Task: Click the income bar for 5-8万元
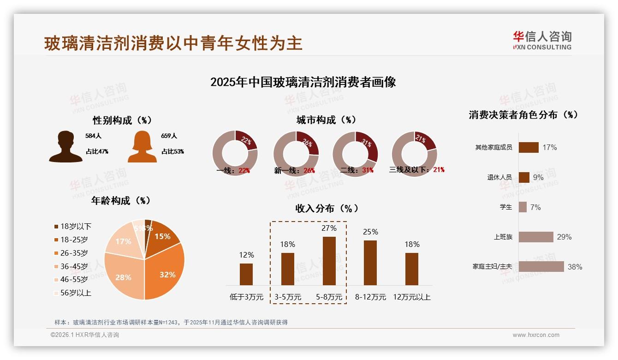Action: (x=329, y=261)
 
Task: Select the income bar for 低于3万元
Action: (x=246, y=274)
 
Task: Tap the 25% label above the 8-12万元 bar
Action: (x=370, y=232)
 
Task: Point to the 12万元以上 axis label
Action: (x=411, y=297)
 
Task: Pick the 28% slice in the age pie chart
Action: (x=122, y=277)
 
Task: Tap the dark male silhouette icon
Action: (x=65, y=147)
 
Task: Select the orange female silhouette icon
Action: (x=142, y=147)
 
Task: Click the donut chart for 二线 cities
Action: (x=355, y=153)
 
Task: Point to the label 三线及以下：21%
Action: (x=416, y=170)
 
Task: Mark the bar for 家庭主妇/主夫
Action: (x=541, y=267)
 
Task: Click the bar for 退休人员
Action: (x=524, y=177)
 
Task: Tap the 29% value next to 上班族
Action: (x=564, y=237)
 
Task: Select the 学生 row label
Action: (x=505, y=207)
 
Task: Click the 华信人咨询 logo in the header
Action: (x=542, y=40)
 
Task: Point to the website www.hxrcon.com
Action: (x=536, y=335)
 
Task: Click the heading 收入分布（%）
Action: (x=327, y=208)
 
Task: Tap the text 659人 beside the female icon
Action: (x=169, y=136)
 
